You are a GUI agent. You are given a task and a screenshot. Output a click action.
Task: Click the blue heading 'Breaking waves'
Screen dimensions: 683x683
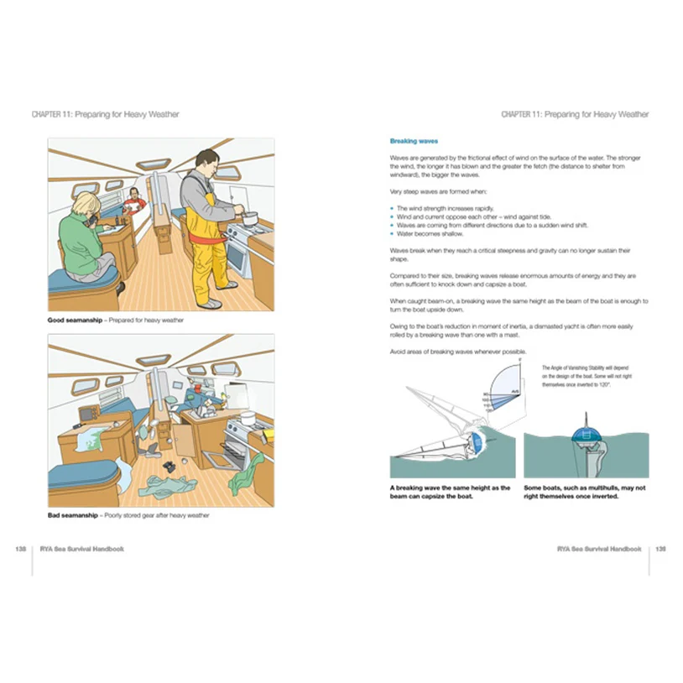click(414, 141)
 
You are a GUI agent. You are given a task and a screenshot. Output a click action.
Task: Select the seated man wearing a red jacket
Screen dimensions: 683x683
click(133, 201)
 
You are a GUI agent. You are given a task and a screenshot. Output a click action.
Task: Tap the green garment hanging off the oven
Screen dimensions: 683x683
click(244, 473)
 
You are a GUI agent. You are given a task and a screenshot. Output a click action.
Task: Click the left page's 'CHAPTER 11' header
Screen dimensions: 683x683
click(105, 114)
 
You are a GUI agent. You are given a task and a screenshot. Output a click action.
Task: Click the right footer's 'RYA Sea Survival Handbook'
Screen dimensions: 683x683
click(599, 549)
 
